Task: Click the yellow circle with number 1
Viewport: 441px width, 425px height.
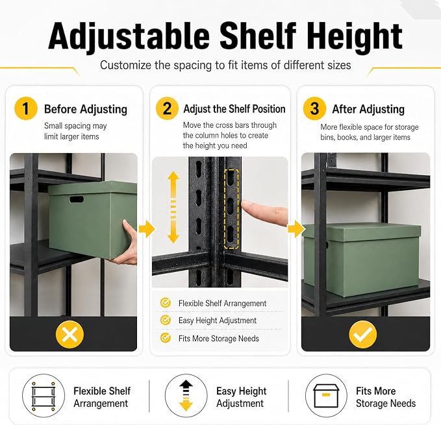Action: [26, 108]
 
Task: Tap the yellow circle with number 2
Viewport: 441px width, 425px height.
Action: [167, 108]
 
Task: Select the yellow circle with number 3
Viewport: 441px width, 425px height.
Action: [314, 108]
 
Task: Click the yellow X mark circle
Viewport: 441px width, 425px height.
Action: [69, 334]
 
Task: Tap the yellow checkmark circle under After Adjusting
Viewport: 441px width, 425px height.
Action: [363, 334]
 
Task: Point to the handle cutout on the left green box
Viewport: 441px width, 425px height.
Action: [77, 200]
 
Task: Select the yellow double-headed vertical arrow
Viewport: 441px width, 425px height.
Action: [173, 207]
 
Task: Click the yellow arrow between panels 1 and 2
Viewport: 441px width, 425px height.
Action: [147, 229]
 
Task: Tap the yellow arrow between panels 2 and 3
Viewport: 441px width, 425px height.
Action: [296, 229]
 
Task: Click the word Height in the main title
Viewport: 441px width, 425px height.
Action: [355, 36]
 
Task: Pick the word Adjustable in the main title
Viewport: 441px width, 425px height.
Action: [129, 36]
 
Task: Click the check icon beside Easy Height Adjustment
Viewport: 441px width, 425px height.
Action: [166, 320]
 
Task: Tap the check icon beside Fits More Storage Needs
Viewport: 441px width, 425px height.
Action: [166, 337]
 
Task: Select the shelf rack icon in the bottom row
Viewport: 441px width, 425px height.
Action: [44, 396]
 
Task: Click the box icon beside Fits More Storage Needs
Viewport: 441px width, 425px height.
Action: [326, 396]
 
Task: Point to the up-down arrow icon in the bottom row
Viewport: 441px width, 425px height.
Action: [186, 395]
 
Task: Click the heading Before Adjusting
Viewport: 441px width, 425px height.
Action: [86, 109]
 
